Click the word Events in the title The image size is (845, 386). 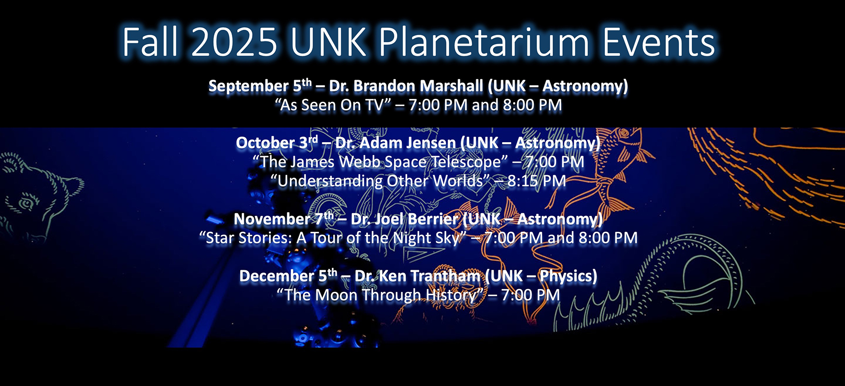pos(659,42)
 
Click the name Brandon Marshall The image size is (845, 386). pos(418,86)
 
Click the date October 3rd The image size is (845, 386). pos(277,143)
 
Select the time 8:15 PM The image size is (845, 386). pos(537,181)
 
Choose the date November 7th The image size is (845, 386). pos(284,219)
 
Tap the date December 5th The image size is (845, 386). pos(289,276)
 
